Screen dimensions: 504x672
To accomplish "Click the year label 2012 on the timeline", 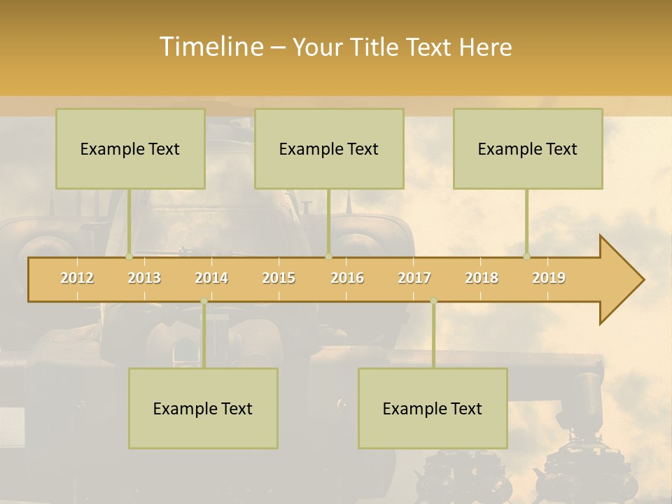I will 77,278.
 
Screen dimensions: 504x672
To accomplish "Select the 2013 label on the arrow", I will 144,278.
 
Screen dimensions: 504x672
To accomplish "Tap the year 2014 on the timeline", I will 211,278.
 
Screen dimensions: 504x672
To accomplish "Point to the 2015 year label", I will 279,278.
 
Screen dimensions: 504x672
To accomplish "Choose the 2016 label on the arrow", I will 347,278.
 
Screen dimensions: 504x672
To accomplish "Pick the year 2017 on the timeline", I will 414,278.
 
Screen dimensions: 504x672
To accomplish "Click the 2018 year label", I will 482,278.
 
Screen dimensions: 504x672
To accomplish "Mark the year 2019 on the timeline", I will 549,278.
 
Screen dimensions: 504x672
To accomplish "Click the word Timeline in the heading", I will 210,47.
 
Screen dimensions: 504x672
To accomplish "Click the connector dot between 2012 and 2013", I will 129,257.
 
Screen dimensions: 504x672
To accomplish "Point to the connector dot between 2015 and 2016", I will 328,257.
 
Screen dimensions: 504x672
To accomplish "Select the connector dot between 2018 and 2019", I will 527,257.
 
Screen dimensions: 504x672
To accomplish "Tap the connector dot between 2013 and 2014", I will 204,301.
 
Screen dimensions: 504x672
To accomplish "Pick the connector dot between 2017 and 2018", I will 433,301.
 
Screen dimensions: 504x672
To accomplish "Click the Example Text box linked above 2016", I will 329,148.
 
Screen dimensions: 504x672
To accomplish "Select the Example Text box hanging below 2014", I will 203,408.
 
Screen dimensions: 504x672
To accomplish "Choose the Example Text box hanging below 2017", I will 433,408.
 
